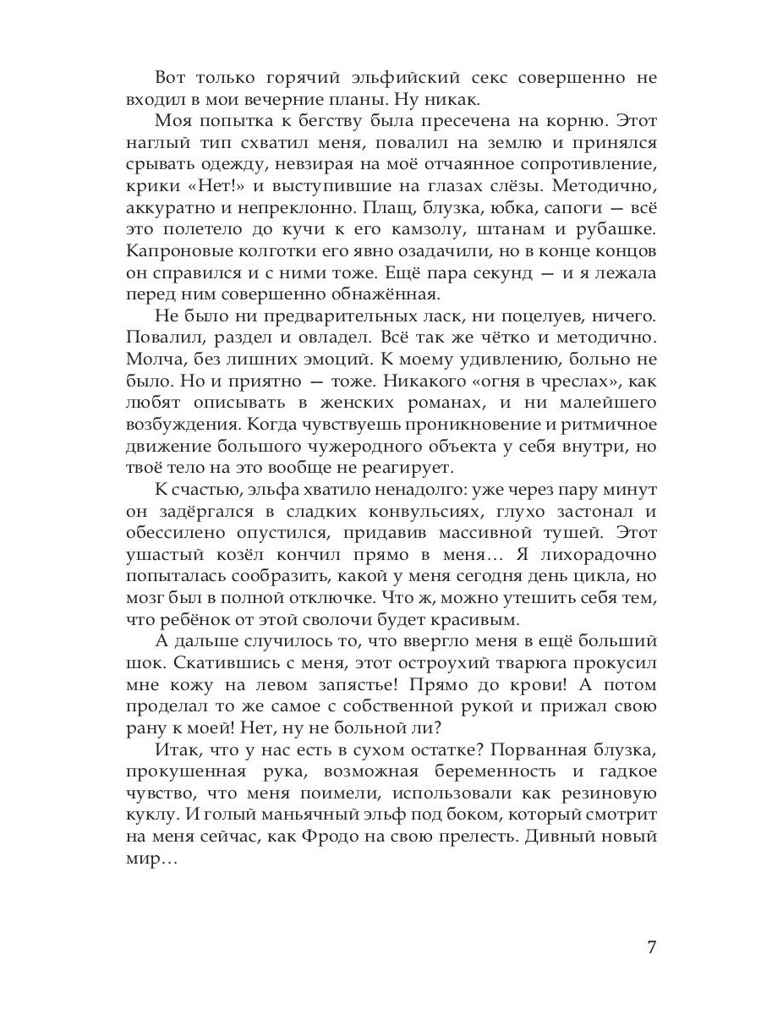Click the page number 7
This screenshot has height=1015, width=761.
pos(651,946)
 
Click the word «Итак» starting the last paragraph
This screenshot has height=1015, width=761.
pos(178,750)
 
